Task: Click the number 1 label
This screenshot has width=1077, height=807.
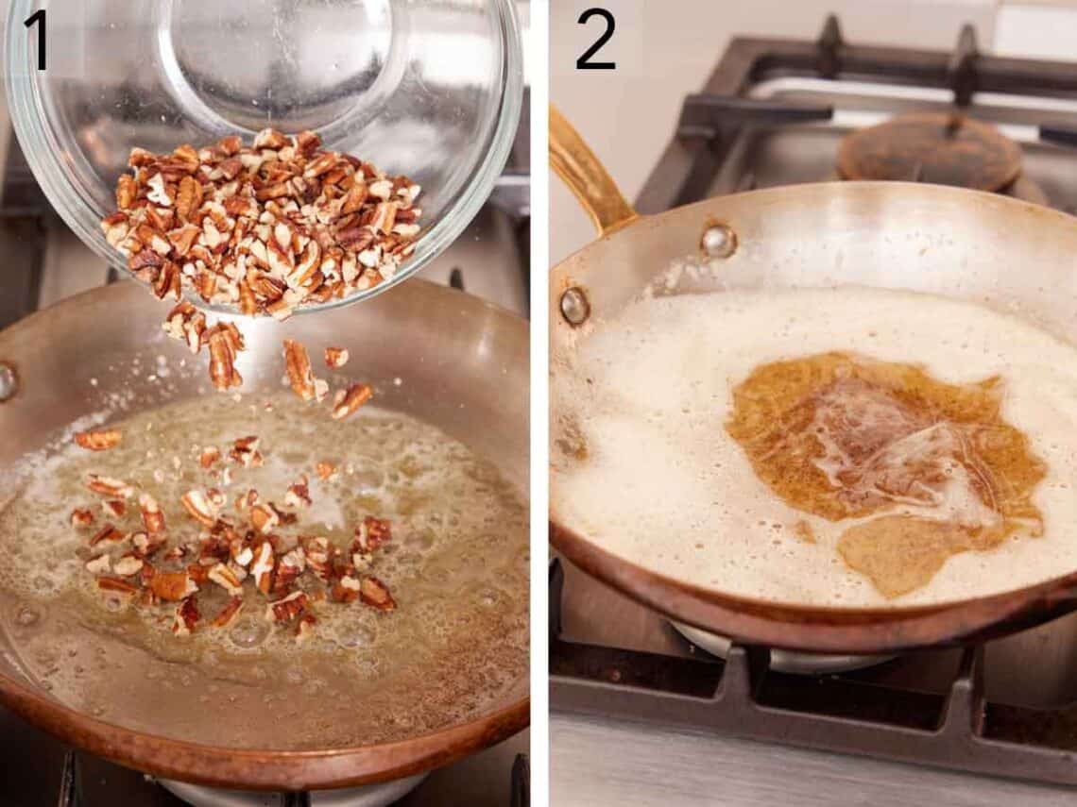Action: click(x=37, y=41)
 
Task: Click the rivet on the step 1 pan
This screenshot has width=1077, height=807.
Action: click(x=7, y=381)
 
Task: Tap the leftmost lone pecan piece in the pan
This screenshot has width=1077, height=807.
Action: click(x=97, y=439)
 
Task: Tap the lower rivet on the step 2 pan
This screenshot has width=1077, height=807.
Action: click(x=574, y=305)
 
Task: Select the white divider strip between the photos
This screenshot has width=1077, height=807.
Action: click(x=539, y=404)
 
